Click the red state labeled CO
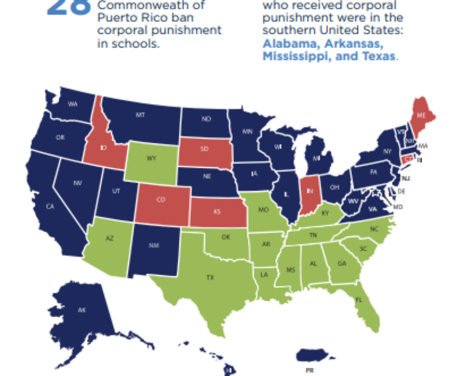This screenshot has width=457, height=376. coord(161,200)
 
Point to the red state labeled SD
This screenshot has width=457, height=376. coord(204,148)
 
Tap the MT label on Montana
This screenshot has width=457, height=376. coord(140,116)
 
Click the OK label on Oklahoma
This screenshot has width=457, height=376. coord(225,238)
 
